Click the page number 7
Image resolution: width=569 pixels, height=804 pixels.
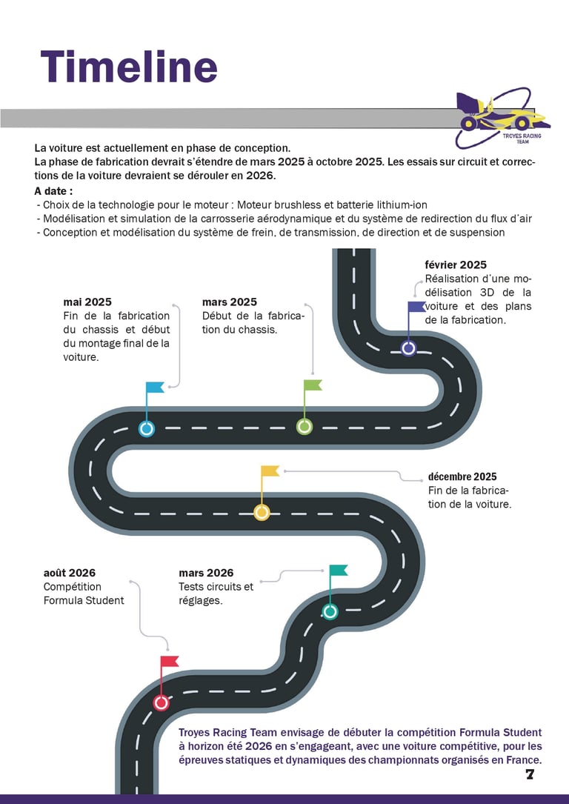530,774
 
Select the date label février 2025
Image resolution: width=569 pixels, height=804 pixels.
456,265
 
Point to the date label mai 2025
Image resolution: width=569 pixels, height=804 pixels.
87,302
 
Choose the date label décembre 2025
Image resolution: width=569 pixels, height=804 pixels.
462,476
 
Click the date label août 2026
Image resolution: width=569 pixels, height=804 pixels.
70,573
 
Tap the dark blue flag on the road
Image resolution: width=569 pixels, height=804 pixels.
416,307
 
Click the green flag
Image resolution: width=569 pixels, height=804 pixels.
312,385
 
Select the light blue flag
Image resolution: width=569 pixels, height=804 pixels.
154,387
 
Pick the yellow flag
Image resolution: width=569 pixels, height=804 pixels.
270,471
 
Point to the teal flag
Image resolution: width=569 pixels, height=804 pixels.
338,570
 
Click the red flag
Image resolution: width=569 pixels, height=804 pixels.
170,661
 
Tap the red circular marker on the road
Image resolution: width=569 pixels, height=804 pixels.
162,702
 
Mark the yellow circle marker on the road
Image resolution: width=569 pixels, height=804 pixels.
262,512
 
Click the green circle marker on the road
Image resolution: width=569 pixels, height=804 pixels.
305,426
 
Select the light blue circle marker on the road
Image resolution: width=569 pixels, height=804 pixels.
147,428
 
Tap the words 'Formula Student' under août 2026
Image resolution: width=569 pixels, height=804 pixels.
84,600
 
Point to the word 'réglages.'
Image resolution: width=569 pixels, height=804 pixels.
201,600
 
